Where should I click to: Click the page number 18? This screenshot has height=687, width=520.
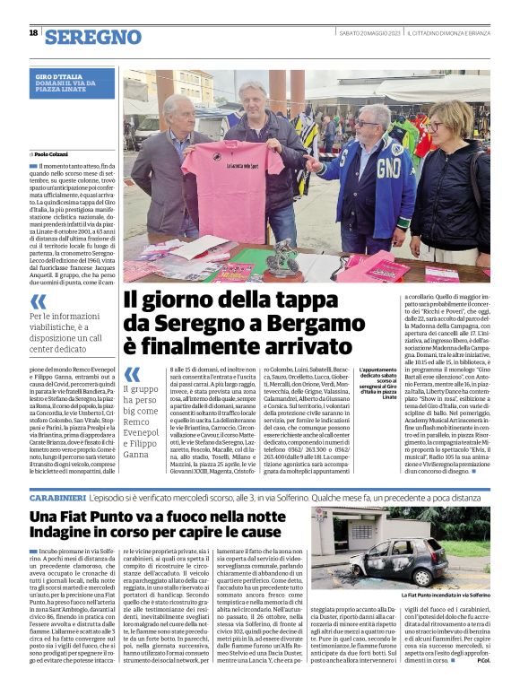pos(33,33)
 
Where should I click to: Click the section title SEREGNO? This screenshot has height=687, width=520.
pos(93,37)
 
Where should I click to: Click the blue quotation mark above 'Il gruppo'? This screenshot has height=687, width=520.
pos(132,374)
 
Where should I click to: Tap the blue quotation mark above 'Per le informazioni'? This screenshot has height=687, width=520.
pos(39,302)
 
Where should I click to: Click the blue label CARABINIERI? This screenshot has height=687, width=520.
pos(57,496)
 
